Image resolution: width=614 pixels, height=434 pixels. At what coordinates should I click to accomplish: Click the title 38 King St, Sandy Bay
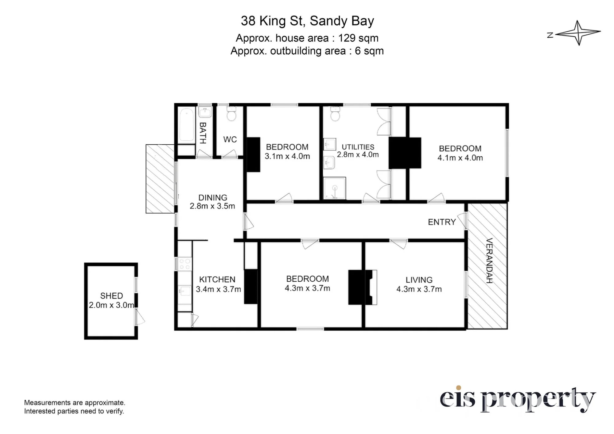tap(307, 21)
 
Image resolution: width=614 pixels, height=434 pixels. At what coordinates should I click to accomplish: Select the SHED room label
tap(111, 296)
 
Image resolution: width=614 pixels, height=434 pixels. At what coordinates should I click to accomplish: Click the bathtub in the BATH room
tap(186, 125)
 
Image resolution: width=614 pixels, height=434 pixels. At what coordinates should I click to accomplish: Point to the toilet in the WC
tap(231, 113)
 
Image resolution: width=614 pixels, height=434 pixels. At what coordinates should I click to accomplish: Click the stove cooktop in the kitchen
tap(185, 264)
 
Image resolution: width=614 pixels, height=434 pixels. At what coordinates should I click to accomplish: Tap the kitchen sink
tap(185, 291)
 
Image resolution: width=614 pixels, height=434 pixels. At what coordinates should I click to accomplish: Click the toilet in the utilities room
tap(335, 114)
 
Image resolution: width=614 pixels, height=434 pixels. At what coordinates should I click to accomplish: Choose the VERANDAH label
tap(489, 261)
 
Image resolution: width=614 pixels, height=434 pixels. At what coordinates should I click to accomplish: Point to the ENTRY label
tap(442, 222)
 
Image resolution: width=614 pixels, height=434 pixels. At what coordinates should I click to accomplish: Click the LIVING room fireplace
tap(363, 287)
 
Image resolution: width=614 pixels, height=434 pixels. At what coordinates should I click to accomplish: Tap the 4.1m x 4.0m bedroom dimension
tap(460, 158)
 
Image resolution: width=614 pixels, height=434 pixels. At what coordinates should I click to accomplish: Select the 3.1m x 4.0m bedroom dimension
tap(287, 156)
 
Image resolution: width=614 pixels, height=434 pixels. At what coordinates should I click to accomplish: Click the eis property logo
tap(518, 399)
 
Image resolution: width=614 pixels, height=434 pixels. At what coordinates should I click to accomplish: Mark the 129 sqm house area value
tap(358, 38)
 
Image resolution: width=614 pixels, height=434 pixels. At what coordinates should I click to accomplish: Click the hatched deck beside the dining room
tap(160, 179)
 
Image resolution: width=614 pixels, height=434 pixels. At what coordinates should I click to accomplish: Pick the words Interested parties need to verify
tap(74, 411)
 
